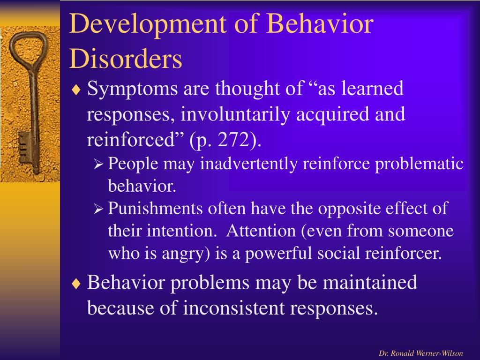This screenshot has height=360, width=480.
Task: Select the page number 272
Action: click(234, 140)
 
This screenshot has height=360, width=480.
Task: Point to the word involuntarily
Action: click(235, 115)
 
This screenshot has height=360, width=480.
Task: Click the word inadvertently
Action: click(248, 164)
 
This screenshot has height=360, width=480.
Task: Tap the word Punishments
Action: click(155, 208)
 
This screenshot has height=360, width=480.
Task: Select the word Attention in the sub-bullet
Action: click(261, 231)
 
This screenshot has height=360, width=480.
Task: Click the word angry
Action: click(186, 254)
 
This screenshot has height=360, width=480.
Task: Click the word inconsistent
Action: click(234, 307)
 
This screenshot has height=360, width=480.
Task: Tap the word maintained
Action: click(370, 282)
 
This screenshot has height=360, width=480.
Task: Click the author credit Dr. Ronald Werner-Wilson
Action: click(421, 353)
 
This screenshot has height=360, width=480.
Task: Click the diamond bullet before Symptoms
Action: click(76, 90)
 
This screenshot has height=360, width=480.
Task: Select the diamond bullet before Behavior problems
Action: click(76, 283)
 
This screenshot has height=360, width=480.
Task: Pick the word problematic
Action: click(419, 164)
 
